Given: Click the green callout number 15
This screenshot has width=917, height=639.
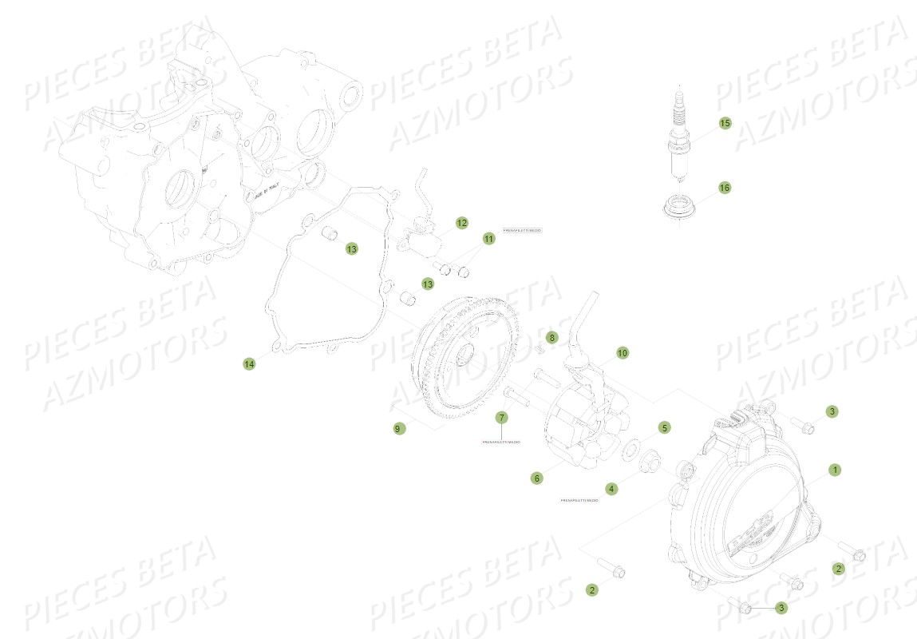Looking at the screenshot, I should point(725,123).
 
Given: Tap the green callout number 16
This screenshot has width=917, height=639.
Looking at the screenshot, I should point(724,188).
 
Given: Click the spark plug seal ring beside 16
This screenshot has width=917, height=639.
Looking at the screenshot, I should point(678,205).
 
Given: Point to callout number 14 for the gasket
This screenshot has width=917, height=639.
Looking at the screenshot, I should point(249,363).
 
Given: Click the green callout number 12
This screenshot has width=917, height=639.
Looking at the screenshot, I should point(462,222).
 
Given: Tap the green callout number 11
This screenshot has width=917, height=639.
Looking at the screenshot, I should point(488,239).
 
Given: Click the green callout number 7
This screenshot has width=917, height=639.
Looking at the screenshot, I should point(501,417).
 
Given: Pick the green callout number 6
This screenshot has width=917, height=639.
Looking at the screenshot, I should point(536,478).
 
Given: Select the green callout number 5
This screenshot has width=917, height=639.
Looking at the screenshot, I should point(664,427).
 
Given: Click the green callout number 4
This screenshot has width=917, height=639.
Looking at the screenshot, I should point(611,488).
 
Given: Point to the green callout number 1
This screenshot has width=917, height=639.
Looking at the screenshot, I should point(835,470).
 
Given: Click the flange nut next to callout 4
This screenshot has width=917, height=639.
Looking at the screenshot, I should point(649,461).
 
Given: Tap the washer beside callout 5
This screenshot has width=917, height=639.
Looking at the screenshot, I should point(630,445).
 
